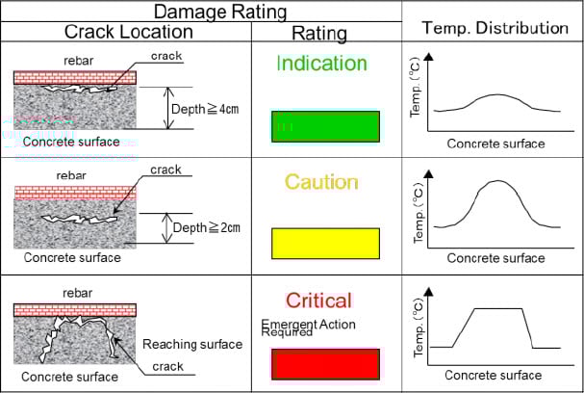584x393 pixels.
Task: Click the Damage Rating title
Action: click(220, 12)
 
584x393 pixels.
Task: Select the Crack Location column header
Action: click(129, 32)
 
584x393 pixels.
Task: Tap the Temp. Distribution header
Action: click(495, 28)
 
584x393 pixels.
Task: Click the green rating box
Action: click(325, 126)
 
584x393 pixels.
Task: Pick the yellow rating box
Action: click(325, 244)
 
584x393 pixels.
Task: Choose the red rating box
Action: click(325, 364)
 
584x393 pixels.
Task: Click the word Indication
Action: click(321, 63)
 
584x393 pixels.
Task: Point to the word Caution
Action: click(321, 182)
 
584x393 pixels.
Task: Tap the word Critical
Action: click(318, 301)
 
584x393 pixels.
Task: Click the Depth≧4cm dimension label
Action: click(205, 109)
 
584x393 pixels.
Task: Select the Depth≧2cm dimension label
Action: click(206, 227)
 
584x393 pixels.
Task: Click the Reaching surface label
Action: click(192, 344)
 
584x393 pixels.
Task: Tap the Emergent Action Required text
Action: click(308, 327)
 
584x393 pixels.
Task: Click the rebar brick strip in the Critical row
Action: click(75, 310)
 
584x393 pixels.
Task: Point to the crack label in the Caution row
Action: click(165, 170)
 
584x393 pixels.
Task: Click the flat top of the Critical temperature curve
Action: click(497, 308)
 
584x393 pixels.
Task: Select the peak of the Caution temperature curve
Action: click(498, 181)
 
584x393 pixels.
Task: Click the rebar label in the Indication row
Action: click(79, 61)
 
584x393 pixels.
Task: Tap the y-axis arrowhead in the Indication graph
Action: click(429, 56)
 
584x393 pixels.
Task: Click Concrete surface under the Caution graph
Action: click(495, 258)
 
